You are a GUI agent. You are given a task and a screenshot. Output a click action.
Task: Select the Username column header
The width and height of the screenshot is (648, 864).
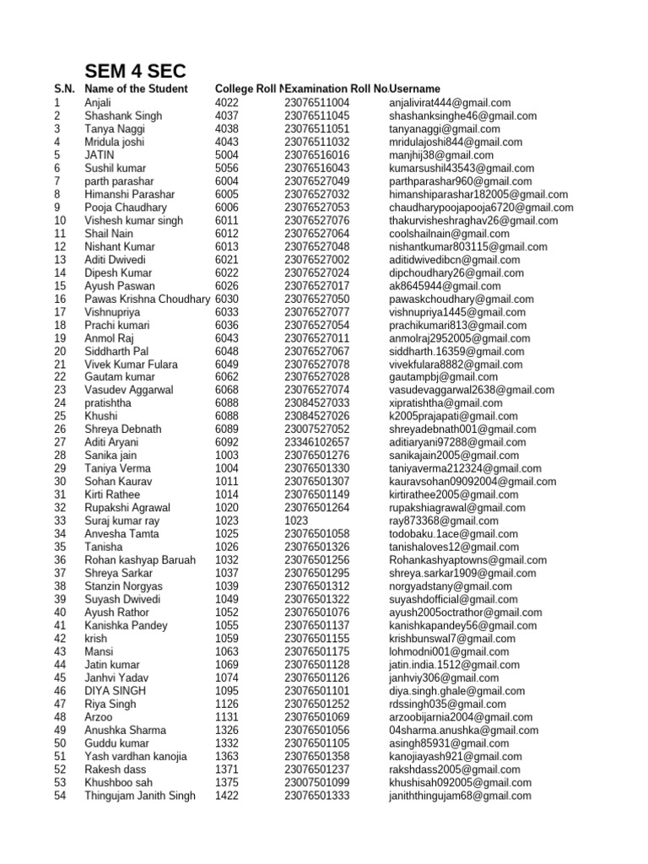414,89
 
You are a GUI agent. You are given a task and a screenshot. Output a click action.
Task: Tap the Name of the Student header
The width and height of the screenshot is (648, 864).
136,89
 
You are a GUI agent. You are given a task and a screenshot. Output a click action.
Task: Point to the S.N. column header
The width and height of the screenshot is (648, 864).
64,89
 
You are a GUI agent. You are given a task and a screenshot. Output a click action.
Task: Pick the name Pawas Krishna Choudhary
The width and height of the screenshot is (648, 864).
147,299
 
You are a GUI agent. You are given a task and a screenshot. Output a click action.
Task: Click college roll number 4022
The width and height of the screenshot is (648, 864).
227,102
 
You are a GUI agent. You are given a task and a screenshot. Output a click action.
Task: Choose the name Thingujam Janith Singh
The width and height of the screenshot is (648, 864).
140,795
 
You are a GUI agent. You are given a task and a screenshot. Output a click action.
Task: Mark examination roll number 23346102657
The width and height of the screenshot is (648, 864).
316,442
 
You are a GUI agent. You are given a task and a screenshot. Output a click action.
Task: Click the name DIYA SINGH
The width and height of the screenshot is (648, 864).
116,690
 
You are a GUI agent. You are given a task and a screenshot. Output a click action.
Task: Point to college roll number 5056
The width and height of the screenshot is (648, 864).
227,168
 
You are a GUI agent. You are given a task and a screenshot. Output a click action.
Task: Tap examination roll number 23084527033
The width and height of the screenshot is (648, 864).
316,403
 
